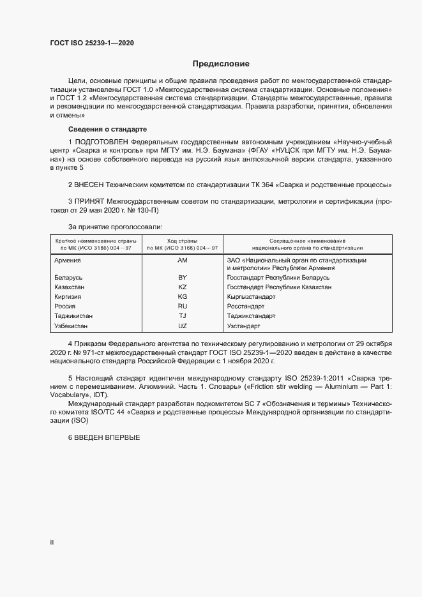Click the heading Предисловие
point(221,64)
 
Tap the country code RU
point(183,306)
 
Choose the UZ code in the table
point(183,326)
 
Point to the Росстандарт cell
point(246,306)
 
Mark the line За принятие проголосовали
point(115,227)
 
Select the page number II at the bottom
point(52,543)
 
